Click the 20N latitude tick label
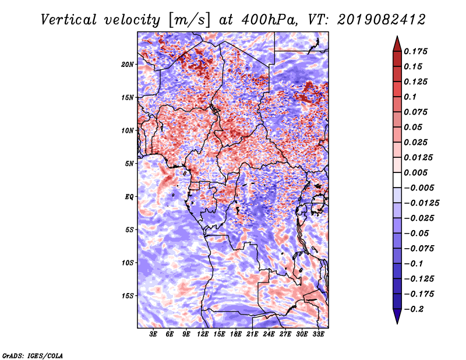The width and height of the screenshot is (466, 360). coord(128,64)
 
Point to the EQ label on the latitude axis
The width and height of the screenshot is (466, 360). coord(129,197)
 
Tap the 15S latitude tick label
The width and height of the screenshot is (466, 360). coord(128,296)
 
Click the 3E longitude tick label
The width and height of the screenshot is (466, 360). coord(154,335)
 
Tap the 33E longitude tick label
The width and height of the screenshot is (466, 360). coord(318,335)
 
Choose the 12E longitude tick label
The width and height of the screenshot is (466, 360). coord(203,335)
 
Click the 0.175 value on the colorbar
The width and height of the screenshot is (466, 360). coord(417,51)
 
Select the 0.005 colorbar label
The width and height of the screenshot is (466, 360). coord(417,172)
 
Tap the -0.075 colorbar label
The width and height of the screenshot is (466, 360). coord(421,248)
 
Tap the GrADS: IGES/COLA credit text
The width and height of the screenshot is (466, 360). coord(33,355)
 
